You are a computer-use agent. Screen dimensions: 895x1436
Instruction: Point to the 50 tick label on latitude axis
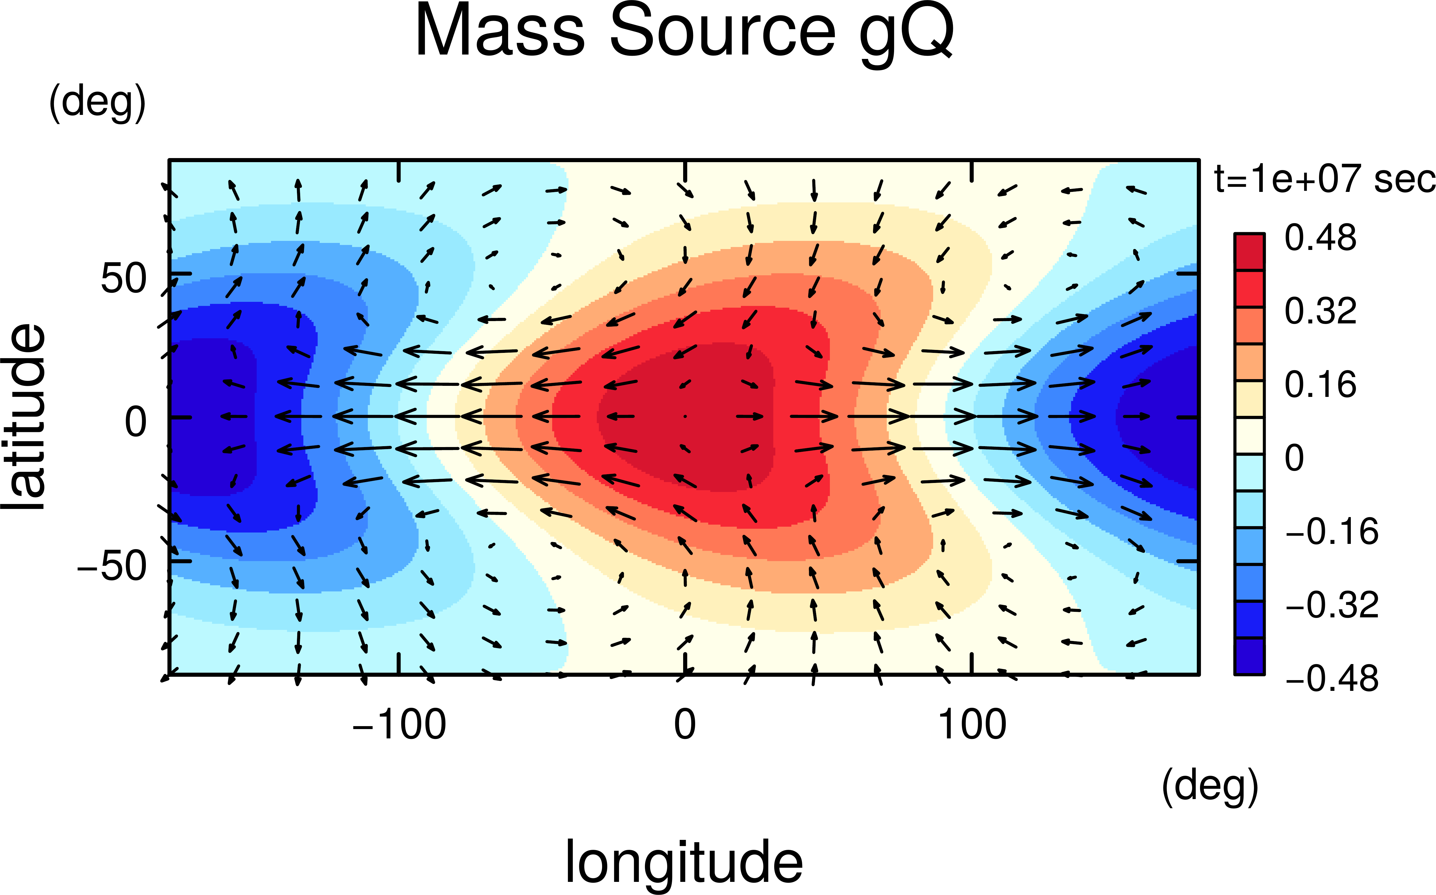[x=123, y=278]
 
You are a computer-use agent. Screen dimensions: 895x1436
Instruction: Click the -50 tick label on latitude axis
[x=113, y=566]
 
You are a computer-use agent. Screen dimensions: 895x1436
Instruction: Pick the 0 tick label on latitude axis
[x=136, y=423]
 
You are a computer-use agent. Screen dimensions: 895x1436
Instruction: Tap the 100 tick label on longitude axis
[x=972, y=724]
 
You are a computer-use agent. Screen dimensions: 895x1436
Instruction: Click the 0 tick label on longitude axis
[x=685, y=724]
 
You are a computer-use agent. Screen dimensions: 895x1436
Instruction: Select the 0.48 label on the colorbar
[x=1320, y=238]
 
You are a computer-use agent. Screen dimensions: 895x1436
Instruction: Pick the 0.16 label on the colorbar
[x=1320, y=385]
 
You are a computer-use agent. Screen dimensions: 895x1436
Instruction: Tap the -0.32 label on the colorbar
[x=1332, y=605]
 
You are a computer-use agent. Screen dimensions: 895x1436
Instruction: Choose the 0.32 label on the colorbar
[x=1320, y=311]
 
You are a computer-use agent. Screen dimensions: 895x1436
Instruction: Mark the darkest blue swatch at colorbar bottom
[x=1249, y=656]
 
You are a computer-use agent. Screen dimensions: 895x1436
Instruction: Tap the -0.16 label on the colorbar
[x=1332, y=532]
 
